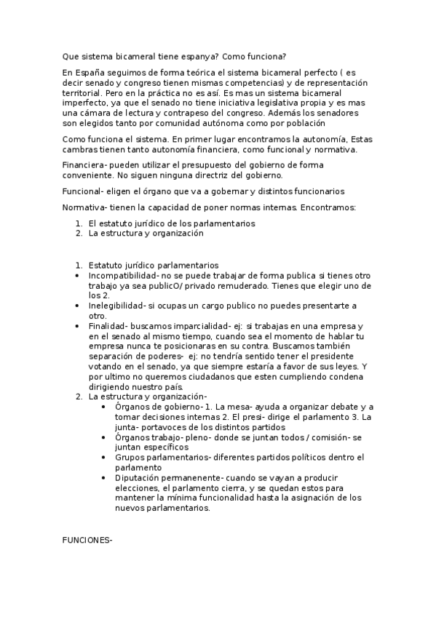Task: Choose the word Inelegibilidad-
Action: (117, 306)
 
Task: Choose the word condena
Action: (346, 377)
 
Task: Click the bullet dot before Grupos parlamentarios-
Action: (106, 458)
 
